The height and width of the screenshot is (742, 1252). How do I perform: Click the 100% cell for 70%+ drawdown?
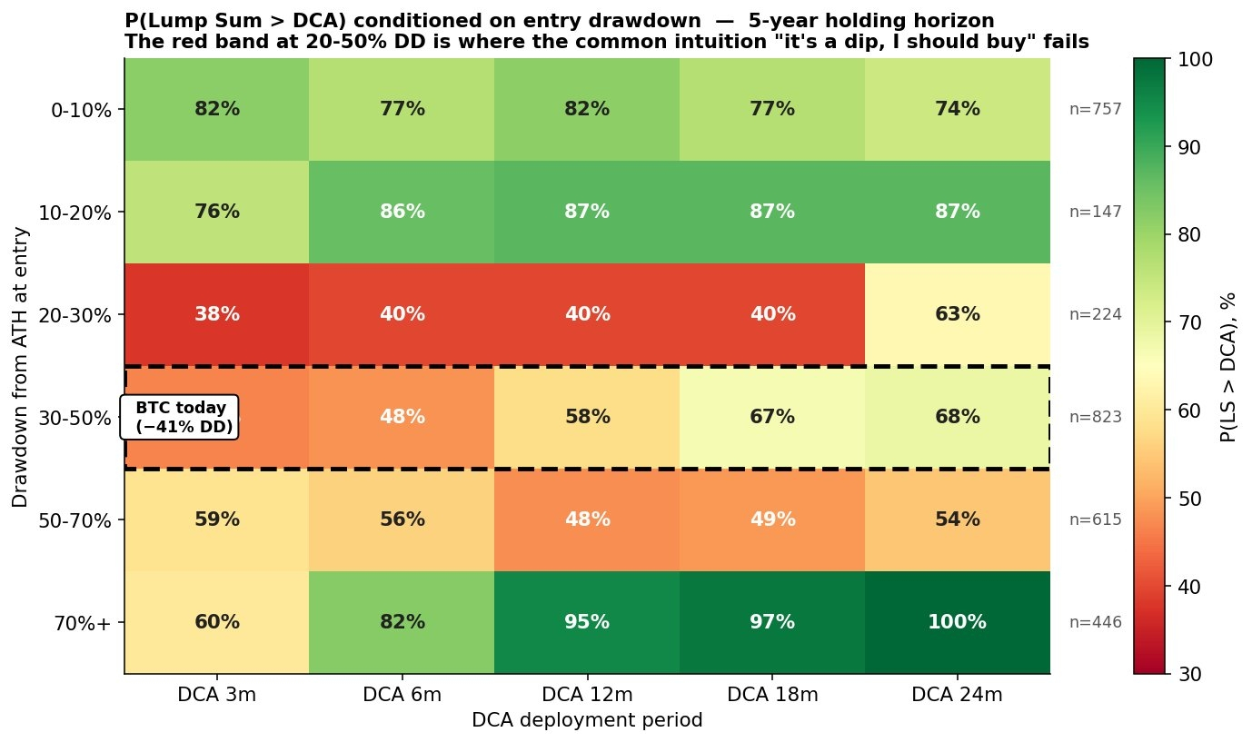pyautogui.click(x=957, y=623)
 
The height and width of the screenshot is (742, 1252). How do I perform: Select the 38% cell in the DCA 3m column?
pyautogui.click(x=217, y=315)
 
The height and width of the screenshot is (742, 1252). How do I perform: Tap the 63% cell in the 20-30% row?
pyautogui.click(x=957, y=315)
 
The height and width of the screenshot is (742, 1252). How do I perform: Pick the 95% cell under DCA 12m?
pyautogui.click(x=587, y=623)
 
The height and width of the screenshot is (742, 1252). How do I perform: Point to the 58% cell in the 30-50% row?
pyautogui.click(x=587, y=418)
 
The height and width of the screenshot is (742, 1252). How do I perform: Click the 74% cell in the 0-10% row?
pyautogui.click(x=957, y=110)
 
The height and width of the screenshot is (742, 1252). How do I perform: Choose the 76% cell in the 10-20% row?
pyautogui.click(x=217, y=213)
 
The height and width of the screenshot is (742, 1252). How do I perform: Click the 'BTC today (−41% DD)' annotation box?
pyautogui.click(x=180, y=418)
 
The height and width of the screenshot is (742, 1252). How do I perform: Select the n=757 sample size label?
pyautogui.click(x=1096, y=110)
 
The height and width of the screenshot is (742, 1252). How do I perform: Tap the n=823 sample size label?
pyautogui.click(x=1096, y=418)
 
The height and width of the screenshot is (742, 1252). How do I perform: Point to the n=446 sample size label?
pyautogui.click(x=1096, y=623)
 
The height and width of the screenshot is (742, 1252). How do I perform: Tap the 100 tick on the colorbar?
pyautogui.click(x=1197, y=60)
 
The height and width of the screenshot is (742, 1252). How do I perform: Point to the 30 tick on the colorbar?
pyautogui.click(x=1191, y=674)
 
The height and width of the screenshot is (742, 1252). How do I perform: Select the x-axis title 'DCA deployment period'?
pyautogui.click(x=587, y=720)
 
